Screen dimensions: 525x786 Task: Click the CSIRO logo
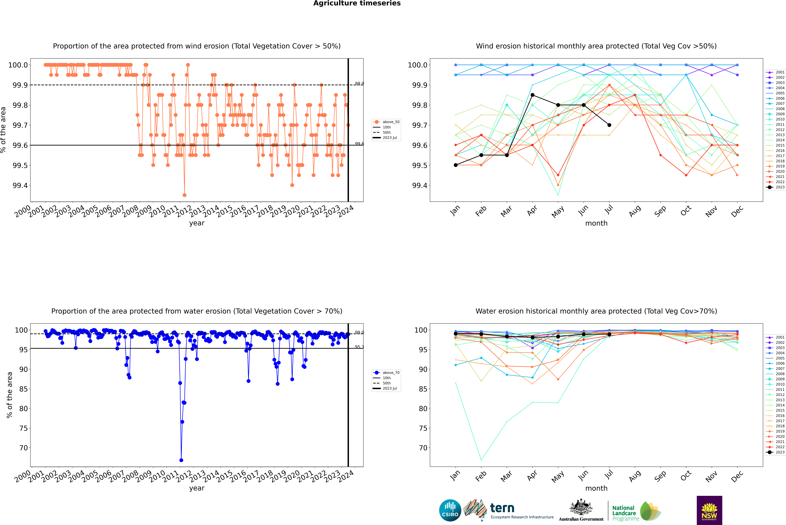[x=450, y=510]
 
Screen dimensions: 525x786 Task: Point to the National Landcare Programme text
[x=624, y=513]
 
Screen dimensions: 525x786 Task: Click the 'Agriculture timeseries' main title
[x=357, y=3]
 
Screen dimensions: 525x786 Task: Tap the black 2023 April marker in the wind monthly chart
[x=532, y=95]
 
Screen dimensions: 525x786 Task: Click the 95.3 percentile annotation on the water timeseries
[x=359, y=347]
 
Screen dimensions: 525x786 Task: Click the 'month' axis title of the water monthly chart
[x=596, y=488]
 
